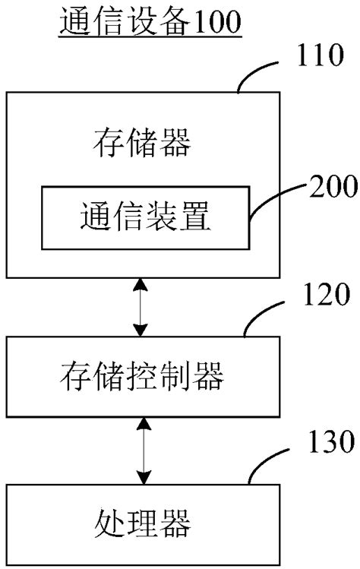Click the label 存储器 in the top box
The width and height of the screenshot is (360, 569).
click(141, 143)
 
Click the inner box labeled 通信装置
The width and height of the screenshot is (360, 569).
click(144, 218)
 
